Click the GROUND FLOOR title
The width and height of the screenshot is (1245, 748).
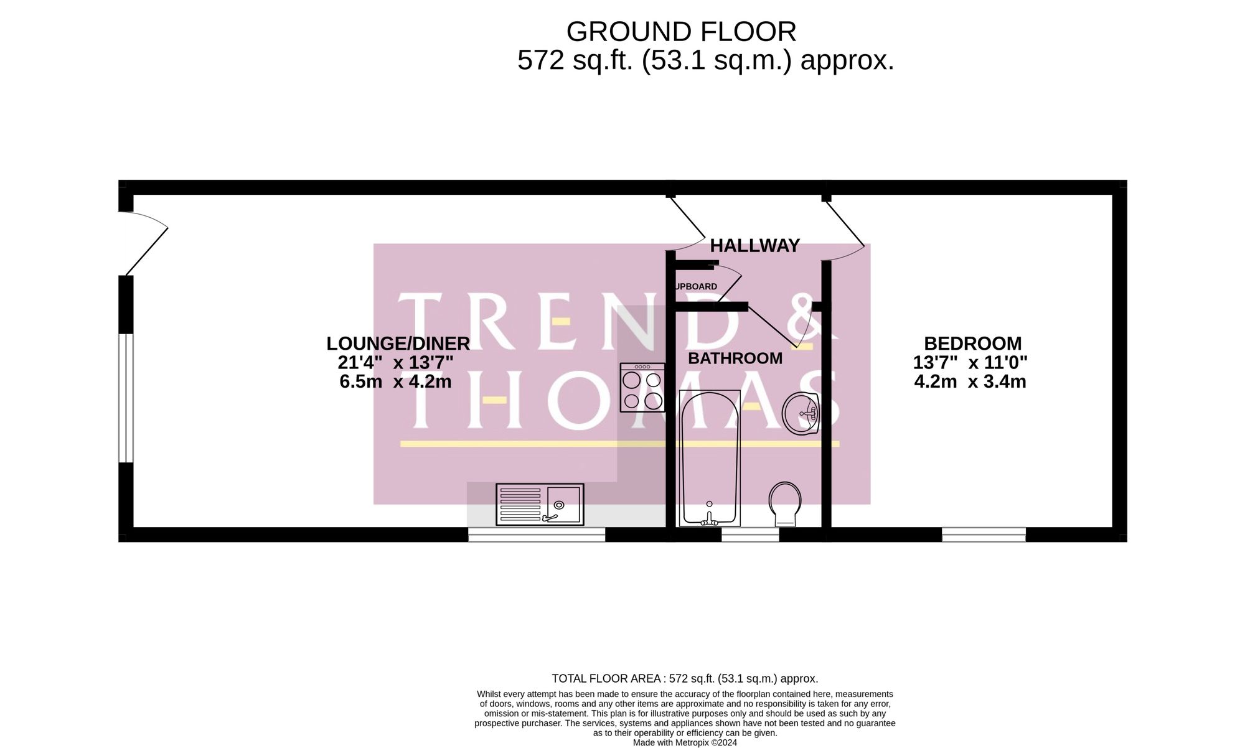point(681,32)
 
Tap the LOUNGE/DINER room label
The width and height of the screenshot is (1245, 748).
point(398,344)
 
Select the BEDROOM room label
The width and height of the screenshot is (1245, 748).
point(972,344)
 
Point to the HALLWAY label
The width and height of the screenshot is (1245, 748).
point(754,246)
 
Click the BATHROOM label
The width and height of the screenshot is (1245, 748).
point(735,358)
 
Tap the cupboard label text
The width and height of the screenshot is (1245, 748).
point(696,287)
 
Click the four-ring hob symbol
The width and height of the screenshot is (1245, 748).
point(642,388)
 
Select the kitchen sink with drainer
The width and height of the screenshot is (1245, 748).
point(540,504)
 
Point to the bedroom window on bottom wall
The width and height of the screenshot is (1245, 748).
point(984,534)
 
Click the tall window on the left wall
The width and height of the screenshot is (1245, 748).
point(126,398)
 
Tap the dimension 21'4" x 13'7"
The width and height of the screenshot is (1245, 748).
point(395,363)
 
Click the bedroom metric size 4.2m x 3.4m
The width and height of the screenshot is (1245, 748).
point(969,381)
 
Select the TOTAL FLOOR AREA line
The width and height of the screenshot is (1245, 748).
point(685,678)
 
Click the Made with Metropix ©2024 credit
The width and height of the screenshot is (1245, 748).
point(685,742)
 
